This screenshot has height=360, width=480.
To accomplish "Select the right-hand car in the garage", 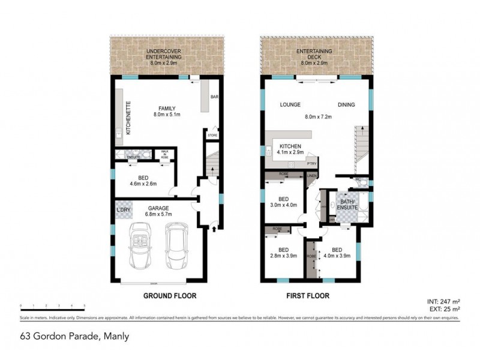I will click(176, 246).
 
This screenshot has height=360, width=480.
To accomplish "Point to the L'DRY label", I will click(124, 209).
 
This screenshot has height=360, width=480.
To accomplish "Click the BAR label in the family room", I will click(214, 97).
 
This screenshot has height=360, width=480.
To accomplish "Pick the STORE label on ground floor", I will click(212, 136).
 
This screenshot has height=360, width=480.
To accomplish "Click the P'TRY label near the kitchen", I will click(311, 163).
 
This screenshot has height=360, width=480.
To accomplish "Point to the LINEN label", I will click(311, 176).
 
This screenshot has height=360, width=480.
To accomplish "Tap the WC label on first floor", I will click(357, 179).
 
